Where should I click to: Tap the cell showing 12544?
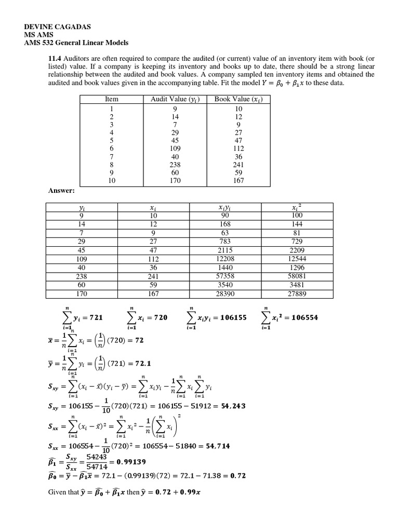[x=297, y=260]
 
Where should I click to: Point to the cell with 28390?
[x=224, y=293]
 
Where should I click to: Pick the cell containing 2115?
[x=224, y=251]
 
